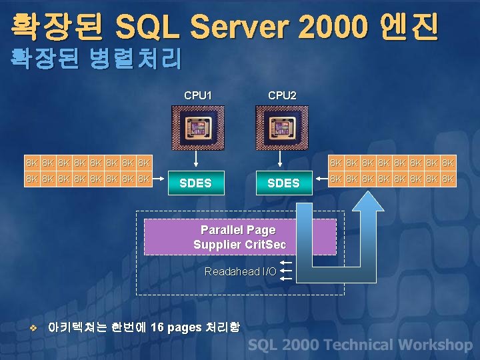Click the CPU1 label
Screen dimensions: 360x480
(x=198, y=95)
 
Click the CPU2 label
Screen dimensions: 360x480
(x=282, y=95)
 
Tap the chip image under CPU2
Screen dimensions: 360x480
(x=281, y=129)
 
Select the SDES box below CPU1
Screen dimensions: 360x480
(x=195, y=183)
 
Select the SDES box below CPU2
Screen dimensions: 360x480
(x=283, y=183)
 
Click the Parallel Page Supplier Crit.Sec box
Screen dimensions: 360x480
(x=240, y=237)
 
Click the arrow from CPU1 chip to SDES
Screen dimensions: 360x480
(x=195, y=160)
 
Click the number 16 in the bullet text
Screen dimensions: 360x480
(x=157, y=327)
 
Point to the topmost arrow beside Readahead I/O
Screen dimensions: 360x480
(x=286, y=263)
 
